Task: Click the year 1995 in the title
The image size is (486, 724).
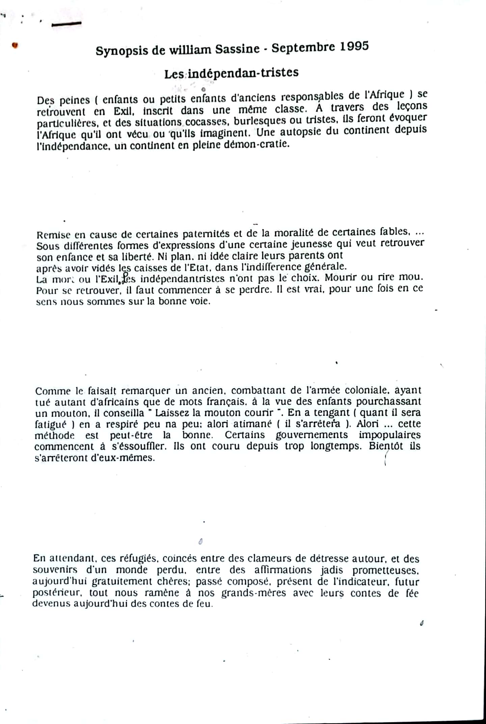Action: point(354,46)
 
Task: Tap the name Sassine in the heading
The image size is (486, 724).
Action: point(238,49)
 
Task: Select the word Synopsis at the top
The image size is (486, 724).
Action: point(122,51)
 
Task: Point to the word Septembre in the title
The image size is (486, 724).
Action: point(304,48)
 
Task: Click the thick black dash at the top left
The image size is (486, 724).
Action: point(66,24)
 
